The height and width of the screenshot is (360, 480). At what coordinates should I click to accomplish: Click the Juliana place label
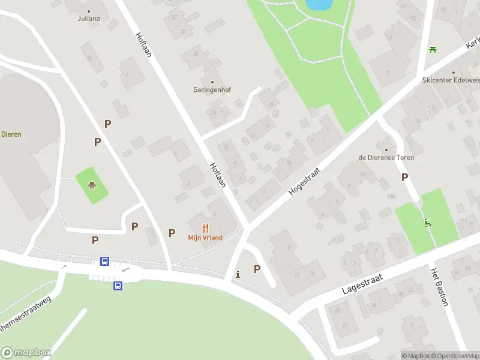(88, 18)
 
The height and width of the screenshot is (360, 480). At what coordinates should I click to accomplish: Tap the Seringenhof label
(212, 90)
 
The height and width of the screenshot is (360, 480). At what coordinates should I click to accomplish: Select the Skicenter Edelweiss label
(451, 80)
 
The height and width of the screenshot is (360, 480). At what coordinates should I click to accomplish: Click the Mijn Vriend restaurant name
(205, 238)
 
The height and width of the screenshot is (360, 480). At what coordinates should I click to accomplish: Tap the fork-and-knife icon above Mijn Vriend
(205, 228)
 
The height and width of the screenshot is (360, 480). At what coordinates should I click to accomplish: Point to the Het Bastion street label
(439, 287)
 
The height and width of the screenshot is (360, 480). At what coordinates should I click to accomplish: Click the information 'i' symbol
(238, 274)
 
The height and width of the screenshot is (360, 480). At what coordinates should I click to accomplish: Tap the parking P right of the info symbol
(257, 269)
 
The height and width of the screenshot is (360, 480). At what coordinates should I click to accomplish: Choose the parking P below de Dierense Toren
(404, 177)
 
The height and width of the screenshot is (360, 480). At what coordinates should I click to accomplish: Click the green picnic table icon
(432, 49)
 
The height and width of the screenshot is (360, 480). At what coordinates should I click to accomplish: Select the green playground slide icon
(427, 223)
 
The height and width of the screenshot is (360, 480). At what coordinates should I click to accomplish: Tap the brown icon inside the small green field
(92, 185)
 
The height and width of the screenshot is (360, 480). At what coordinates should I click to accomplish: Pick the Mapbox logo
(26, 353)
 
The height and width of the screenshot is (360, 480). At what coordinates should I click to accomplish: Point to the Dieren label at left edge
(11, 134)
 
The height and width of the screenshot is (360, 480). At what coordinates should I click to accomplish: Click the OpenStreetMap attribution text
(456, 356)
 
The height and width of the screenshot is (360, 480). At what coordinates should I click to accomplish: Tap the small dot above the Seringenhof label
(212, 82)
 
